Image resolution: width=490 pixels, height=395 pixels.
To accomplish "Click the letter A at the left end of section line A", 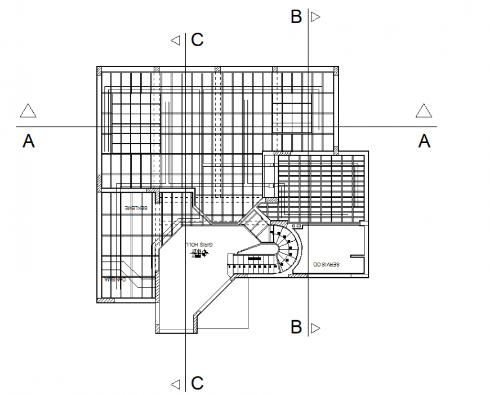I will point(29,141).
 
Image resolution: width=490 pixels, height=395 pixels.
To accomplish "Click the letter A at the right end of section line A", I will point(425,141).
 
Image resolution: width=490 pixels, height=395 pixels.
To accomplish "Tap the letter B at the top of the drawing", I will point(296,17).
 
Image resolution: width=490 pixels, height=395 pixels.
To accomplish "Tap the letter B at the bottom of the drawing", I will point(296,327).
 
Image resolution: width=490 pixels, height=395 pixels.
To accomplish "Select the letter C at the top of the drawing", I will point(197,40).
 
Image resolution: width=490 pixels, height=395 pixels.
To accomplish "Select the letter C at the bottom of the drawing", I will point(197,384).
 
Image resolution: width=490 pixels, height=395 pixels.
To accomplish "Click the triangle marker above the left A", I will point(28,111).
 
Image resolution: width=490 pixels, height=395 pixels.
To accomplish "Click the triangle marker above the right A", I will point(424,111).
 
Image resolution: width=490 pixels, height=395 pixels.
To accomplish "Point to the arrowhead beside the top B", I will point(315,17).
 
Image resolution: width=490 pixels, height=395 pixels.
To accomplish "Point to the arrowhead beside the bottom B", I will point(315,327).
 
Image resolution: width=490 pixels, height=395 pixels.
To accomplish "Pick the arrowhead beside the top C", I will point(176,40).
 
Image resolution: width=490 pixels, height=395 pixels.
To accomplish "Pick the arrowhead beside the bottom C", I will point(176,384).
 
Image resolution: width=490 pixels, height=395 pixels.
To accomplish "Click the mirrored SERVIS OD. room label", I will point(325,263).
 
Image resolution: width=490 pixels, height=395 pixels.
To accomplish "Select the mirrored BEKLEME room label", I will point(136,208).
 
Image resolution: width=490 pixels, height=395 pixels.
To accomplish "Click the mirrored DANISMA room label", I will point(116,279).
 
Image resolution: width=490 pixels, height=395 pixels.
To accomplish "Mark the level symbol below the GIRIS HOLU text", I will point(198,254).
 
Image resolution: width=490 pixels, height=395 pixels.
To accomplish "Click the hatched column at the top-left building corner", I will point(99,70).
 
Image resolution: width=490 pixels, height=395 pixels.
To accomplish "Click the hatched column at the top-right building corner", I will point(337,70).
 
